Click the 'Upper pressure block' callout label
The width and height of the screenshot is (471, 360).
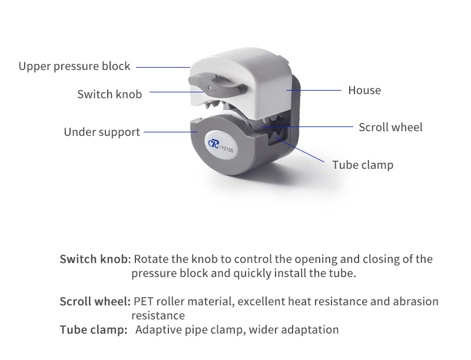coord(74,66)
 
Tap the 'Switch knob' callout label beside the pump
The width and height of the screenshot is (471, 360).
coord(110,94)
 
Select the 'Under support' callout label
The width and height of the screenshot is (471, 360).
coord(102,132)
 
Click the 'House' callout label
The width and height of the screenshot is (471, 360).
coord(364,91)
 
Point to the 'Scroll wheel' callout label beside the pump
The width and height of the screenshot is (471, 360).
coord(390,127)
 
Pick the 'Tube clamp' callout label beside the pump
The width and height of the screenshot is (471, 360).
coord(363,165)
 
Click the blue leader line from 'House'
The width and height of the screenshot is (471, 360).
coord(314,90)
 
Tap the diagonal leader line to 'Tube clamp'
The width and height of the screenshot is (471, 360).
coord(299,149)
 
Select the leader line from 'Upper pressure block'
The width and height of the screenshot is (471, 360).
coord(163,67)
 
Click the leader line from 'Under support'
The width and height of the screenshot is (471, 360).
coord(171,132)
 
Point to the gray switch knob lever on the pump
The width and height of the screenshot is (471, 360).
coord(217,85)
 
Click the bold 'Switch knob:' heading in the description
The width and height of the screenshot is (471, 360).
coord(95,259)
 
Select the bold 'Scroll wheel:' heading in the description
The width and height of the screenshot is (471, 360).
coord(95,301)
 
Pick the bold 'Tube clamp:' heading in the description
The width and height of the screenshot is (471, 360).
coord(94,329)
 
